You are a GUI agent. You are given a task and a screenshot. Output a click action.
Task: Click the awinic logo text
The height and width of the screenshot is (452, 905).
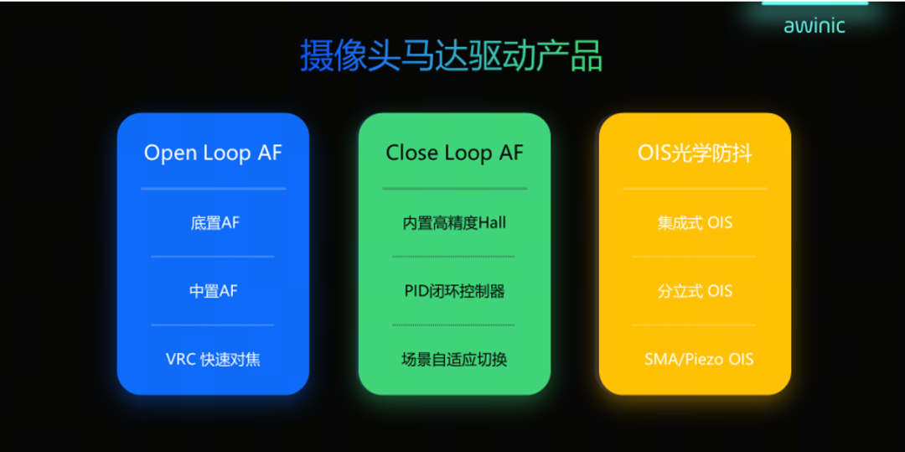point(814,25)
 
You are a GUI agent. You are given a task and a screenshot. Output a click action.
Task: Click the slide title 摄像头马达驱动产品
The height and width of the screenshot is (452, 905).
point(452,56)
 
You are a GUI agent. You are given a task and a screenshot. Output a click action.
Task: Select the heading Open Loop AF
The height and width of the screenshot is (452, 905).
point(213,153)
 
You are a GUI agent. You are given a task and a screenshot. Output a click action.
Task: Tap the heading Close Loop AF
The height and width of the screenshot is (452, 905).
point(454,153)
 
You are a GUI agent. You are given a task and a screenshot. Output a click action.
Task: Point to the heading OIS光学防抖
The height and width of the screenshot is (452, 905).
point(695,153)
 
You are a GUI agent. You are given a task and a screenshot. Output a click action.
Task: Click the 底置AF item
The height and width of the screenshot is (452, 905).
point(215,223)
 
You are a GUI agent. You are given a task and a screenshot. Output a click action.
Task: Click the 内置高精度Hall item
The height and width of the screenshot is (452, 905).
point(454,223)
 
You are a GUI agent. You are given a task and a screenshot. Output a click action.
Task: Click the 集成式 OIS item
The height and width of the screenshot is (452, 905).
point(695,223)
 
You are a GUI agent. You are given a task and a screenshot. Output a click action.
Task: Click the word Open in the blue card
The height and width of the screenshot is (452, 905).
point(171,154)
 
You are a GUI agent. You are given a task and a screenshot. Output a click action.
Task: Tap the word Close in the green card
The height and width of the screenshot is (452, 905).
point(412,153)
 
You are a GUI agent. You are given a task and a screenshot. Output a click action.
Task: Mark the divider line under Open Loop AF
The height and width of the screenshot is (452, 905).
point(213,188)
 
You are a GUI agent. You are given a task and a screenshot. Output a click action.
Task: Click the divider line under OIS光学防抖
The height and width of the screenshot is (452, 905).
point(695,188)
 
